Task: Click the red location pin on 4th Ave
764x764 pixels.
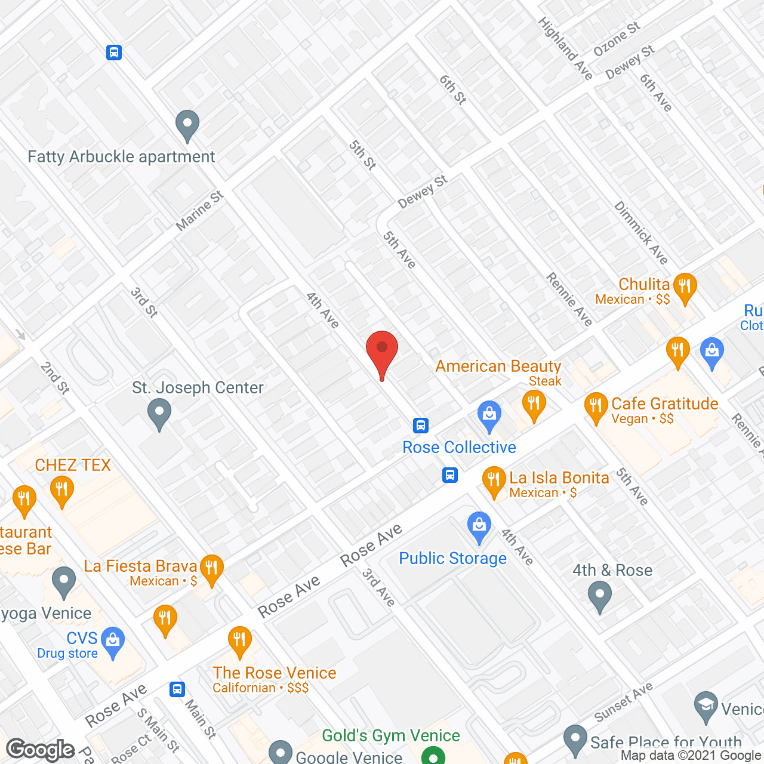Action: tap(382, 352)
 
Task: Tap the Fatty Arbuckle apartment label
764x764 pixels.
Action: tap(121, 157)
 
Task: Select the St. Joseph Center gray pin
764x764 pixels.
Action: tap(159, 414)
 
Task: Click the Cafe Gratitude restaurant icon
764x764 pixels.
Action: tap(596, 406)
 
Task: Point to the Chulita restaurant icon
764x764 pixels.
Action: tap(685, 287)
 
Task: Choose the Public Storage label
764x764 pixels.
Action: tap(452, 558)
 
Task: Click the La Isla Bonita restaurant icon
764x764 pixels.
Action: tap(494, 480)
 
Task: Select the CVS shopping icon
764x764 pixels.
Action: tap(113, 641)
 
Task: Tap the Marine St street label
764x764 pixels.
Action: tap(199, 211)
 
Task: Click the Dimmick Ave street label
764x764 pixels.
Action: tap(641, 233)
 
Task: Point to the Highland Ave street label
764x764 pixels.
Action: tap(565, 48)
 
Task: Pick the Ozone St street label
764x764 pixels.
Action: tap(617, 39)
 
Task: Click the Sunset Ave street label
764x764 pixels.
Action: tap(624, 702)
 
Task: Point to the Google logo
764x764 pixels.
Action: tap(41, 750)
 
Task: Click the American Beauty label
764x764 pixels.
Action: tap(498, 366)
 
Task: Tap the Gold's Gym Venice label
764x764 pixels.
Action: tap(391, 735)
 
